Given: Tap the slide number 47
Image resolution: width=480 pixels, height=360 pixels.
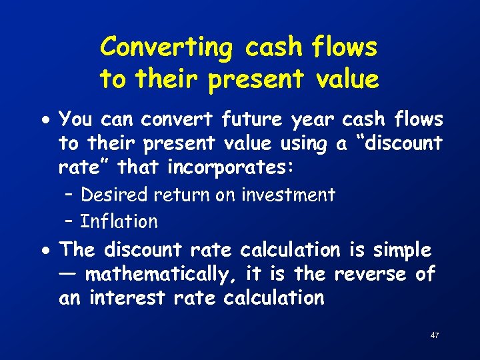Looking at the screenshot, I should click(435, 335).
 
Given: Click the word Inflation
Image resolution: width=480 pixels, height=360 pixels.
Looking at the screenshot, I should click(119, 221).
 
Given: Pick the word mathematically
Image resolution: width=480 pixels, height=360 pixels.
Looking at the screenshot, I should click(163, 274).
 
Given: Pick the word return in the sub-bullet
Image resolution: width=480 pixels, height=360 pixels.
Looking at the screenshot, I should click(178, 195).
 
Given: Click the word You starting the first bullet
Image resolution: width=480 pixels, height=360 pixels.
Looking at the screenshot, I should click(75, 119).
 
